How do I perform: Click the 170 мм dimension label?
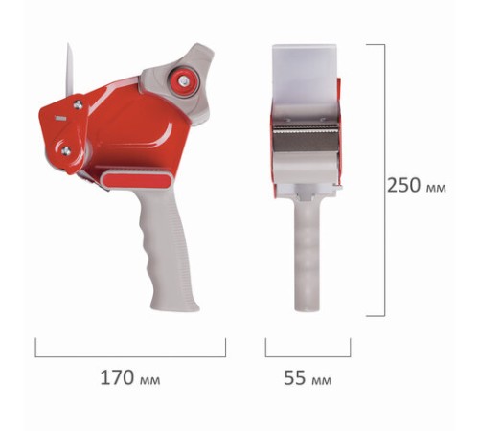130,377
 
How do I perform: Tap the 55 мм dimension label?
308,377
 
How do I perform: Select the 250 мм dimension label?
417,185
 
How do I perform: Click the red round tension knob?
184,80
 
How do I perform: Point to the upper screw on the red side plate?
78,104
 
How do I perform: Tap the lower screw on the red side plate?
66,150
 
